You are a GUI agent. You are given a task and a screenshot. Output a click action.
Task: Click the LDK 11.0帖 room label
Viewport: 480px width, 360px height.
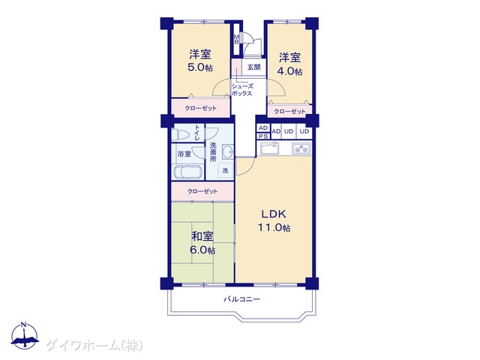pos(274,220)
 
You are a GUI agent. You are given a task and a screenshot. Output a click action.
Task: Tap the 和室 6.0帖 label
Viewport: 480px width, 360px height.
pos(202,243)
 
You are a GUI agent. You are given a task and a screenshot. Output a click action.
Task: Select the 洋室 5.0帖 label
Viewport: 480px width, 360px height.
pos(200,61)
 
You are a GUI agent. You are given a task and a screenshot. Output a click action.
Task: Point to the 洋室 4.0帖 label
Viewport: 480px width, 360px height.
pos(289,64)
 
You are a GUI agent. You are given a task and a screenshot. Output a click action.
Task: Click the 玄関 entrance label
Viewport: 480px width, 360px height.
pos(253,67)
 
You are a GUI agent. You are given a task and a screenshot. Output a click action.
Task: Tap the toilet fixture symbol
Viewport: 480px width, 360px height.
pos(178,134)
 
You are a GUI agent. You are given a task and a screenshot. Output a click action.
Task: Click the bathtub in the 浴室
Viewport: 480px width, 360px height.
pos(188,172)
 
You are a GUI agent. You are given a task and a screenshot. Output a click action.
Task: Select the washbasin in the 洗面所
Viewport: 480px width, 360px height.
pos(227,151)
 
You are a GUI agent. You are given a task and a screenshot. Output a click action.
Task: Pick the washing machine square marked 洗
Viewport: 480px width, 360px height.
pos(225,170)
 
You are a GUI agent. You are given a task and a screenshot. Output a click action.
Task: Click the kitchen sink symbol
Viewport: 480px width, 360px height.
pos(270,148)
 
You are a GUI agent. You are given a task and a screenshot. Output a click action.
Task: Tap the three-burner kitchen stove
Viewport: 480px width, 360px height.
pos(301,148)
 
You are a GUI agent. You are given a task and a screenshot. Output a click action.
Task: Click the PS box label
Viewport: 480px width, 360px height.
pos(263,136)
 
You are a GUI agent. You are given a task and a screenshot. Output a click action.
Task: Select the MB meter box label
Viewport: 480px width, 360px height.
pos(236,40)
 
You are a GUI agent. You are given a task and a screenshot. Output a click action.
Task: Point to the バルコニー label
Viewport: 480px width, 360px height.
pos(241,298)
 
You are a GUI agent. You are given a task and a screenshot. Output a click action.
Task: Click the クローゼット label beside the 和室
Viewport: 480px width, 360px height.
pos(202,192)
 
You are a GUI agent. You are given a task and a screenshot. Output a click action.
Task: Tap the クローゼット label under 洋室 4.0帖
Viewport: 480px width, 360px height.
pos(289,112)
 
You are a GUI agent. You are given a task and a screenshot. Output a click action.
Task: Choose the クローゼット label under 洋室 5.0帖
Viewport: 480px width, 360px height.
pos(200,108)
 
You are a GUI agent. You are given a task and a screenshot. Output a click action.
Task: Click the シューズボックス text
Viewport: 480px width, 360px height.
pos(242,90)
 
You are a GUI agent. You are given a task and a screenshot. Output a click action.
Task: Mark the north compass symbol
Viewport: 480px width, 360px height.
pos(25,335)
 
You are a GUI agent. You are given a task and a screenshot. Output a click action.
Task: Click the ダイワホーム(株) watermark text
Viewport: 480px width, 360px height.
pos(94,346)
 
